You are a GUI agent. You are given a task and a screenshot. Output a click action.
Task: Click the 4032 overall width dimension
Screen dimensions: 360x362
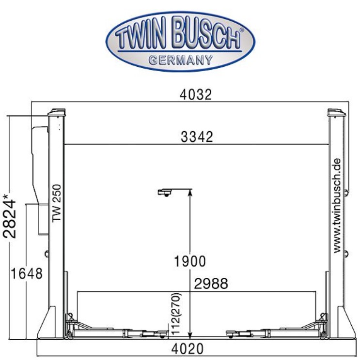pyautogui.click(x=196, y=95)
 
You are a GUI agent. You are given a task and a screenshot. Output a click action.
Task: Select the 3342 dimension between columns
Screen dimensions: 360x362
pyautogui.click(x=197, y=137)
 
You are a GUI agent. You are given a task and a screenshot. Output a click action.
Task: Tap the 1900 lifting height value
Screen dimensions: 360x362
pyautogui.click(x=190, y=261)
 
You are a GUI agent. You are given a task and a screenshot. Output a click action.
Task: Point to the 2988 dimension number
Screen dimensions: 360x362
pyautogui.click(x=211, y=284)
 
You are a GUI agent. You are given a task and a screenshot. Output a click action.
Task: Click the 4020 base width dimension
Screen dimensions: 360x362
pyautogui.click(x=188, y=348)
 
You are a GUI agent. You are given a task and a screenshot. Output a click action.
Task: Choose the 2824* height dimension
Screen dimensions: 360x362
pyautogui.click(x=10, y=216)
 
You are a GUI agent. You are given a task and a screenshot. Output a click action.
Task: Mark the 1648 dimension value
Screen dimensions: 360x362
pyautogui.click(x=27, y=273)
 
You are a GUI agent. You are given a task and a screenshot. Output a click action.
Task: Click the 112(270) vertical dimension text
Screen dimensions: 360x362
pyautogui.click(x=176, y=314)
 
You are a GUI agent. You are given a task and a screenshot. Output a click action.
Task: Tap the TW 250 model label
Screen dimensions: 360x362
pyautogui.click(x=57, y=203)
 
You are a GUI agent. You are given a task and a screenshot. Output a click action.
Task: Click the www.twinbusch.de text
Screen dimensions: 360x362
pyautogui.click(x=337, y=205)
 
